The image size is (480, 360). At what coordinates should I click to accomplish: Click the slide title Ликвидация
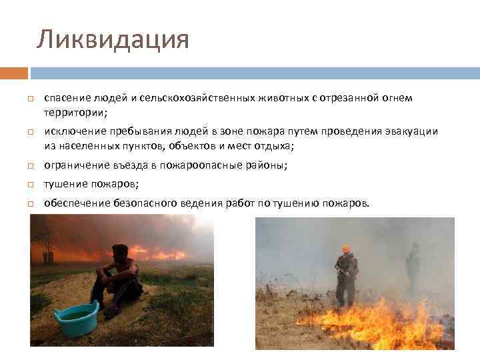pyautogui.click(x=113, y=39)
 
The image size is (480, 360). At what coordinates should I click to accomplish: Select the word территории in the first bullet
pyautogui.click(x=70, y=113)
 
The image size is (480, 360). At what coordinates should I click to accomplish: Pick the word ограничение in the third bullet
pyautogui.click(x=73, y=165)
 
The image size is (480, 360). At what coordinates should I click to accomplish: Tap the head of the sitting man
pyautogui.click(x=119, y=252)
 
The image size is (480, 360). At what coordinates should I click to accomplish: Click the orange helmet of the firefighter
pyautogui.click(x=345, y=249)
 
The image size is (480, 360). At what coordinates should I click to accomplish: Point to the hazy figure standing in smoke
pyautogui.click(x=413, y=267)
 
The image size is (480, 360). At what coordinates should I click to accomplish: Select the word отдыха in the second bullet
pyautogui.click(x=273, y=145)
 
